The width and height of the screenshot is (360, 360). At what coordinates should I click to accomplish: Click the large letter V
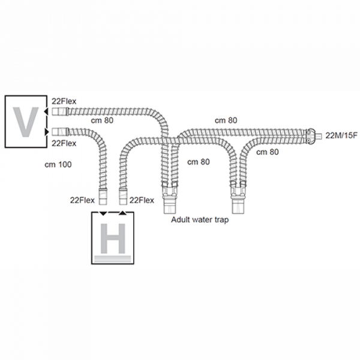coord(26,121)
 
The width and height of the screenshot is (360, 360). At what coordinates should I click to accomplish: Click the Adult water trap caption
coord(200,220)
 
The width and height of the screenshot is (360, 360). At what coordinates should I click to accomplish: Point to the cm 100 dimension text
coord(59,163)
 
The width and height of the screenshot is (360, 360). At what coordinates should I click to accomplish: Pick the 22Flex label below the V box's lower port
coord(65,143)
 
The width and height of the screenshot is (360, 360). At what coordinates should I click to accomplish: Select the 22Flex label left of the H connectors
coord(83,200)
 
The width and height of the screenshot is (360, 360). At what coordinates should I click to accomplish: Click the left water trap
coord(169,198)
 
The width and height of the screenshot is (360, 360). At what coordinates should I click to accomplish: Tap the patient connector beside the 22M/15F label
coord(313,134)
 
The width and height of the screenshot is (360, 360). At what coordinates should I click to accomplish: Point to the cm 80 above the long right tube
coord(226,120)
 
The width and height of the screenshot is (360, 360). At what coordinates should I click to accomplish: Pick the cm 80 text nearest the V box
coord(102,120)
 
